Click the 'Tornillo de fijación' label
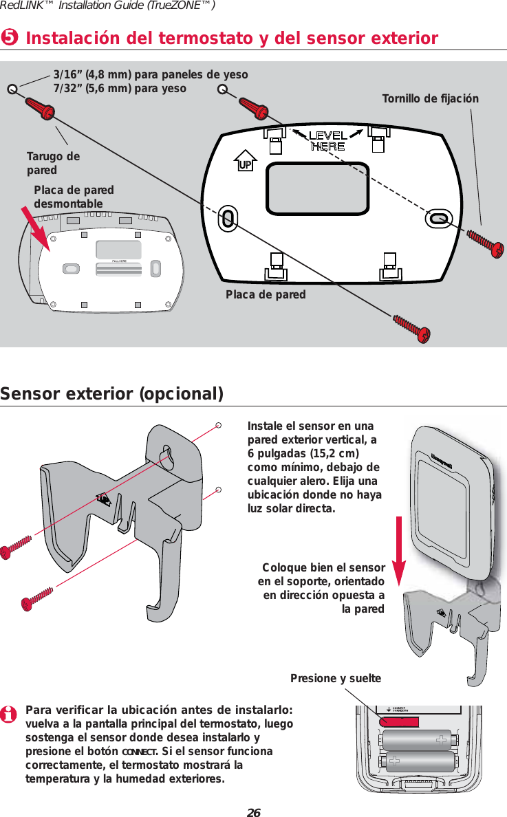(x=430, y=99)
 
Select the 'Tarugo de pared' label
(x=53, y=163)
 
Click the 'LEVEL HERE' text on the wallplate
(x=327, y=140)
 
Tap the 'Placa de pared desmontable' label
(x=74, y=197)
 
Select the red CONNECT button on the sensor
(x=399, y=721)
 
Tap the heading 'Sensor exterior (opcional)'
(x=112, y=394)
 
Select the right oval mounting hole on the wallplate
(x=439, y=218)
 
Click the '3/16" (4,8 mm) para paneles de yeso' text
(x=151, y=74)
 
